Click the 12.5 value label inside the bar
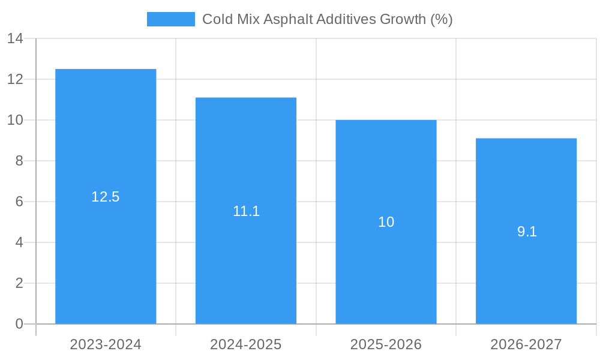click(106, 197)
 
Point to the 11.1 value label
click(246, 211)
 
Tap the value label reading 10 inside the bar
click(386, 222)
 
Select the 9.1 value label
click(527, 232)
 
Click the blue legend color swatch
click(171, 19)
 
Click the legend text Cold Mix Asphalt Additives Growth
click(327, 19)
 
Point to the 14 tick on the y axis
click(15, 39)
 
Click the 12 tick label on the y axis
click(15, 79)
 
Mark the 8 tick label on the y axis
click(19, 161)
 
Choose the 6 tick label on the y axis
click(19, 202)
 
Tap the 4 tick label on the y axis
click(19, 242)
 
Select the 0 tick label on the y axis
click(19, 324)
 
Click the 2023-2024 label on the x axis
click(106, 344)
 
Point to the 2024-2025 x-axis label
click(246, 344)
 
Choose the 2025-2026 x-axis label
click(386, 344)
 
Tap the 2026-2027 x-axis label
click(526, 344)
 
